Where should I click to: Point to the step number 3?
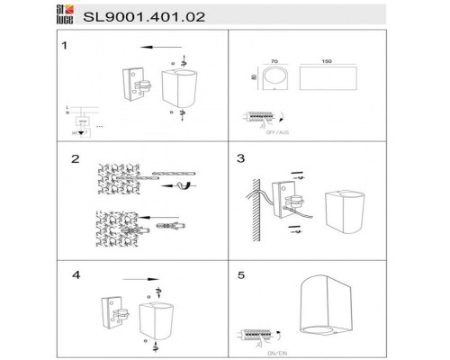point(240,159)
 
